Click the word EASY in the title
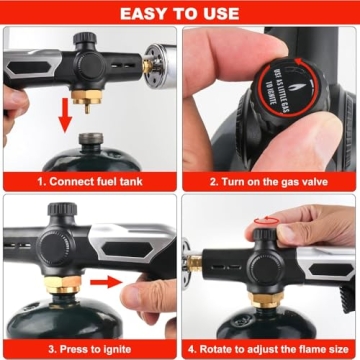pos(145,14)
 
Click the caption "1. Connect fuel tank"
pos(87,182)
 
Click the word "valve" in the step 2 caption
pos(320,182)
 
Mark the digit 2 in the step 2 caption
pos(213,182)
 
